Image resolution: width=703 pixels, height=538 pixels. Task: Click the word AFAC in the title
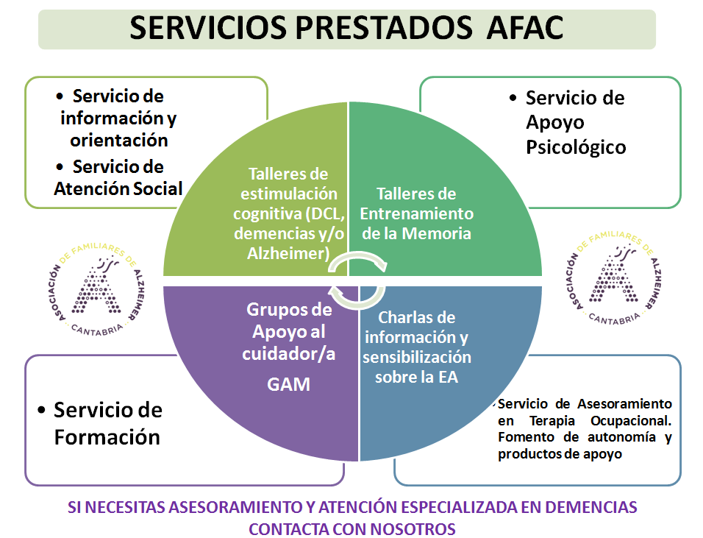coord(525,28)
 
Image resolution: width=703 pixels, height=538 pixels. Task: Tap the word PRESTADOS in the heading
coord(383,28)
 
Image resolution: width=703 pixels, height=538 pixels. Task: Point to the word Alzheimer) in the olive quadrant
coord(289,253)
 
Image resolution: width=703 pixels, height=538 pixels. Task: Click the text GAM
coord(289,384)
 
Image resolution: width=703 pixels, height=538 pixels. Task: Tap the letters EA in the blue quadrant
coord(448,377)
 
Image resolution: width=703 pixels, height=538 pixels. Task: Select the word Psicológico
coord(576,148)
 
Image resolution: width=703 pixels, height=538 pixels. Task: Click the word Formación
coord(107,437)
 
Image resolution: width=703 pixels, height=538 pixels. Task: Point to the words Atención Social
coord(118,188)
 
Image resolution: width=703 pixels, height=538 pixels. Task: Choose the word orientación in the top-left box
coord(119,141)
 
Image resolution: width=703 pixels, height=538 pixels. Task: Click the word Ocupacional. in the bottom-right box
coord(631,421)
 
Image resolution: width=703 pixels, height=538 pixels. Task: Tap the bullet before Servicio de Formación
coord(41,410)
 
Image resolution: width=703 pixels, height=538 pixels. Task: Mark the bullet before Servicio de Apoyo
coord(513,98)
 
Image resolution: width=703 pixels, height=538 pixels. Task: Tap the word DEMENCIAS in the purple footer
coord(591,507)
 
